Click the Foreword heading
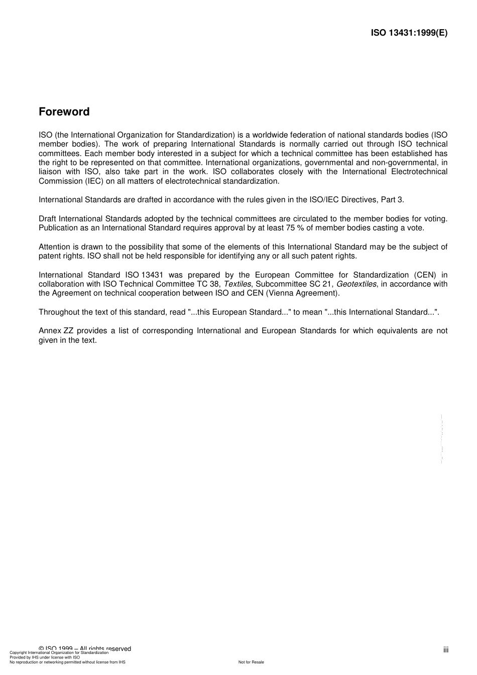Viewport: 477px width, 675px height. coord(64,112)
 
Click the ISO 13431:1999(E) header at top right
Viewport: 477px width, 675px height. coord(409,33)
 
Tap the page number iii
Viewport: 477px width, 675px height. coord(446,650)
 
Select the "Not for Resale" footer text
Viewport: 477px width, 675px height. coord(251,662)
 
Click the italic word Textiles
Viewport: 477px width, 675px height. coord(237,284)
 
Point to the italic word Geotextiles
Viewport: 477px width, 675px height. coord(356,284)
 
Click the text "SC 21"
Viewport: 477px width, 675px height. coord(321,284)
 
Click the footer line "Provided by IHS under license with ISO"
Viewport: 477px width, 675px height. coord(45,657)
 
